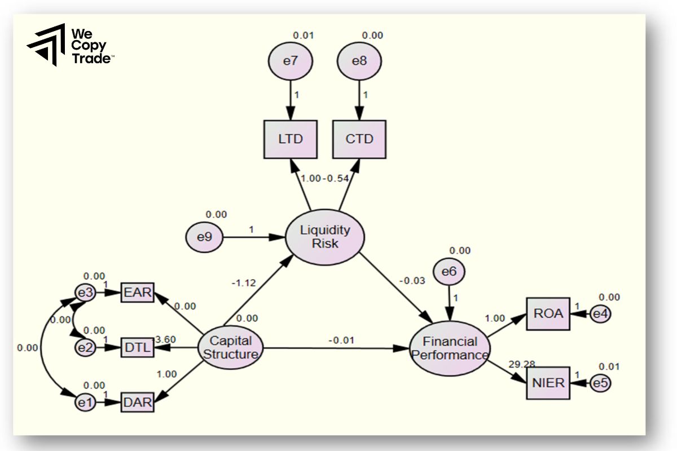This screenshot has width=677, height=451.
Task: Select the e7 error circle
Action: click(x=290, y=61)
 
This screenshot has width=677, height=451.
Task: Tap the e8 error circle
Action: click(x=359, y=61)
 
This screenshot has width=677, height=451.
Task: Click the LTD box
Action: click(x=290, y=139)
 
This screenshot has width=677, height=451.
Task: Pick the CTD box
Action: click(x=359, y=139)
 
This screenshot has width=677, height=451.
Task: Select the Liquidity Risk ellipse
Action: click(x=325, y=236)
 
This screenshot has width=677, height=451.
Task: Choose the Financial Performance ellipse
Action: click(x=449, y=348)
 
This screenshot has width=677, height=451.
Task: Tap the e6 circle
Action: click(x=449, y=272)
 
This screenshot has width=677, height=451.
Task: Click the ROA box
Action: click(x=549, y=313)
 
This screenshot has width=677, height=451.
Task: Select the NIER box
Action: click(x=548, y=383)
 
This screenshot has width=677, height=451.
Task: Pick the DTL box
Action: click(x=137, y=348)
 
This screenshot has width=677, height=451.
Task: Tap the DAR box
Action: click(x=137, y=403)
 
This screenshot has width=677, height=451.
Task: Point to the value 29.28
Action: click(x=522, y=364)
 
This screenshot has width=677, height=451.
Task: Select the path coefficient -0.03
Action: click(x=412, y=280)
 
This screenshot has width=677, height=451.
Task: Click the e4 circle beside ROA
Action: click(x=600, y=313)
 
